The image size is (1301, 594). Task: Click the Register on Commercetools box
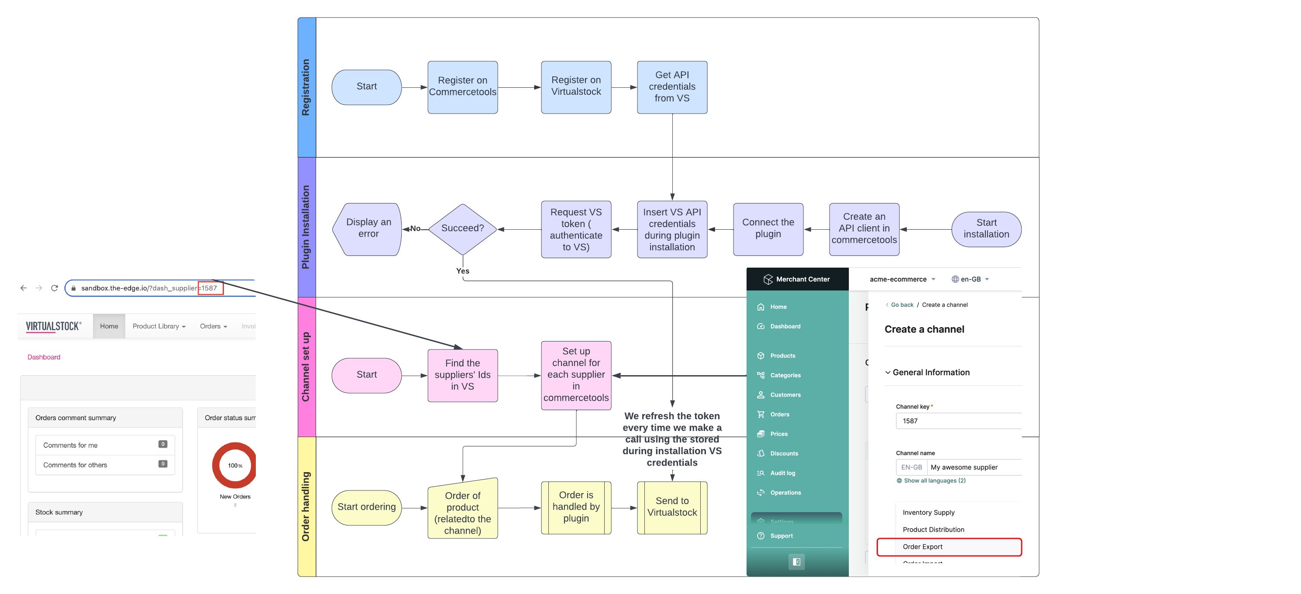tap(462, 87)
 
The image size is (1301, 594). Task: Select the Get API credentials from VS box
tap(672, 87)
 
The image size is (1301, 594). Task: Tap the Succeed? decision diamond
tap(462, 229)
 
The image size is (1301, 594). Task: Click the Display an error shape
tap(368, 229)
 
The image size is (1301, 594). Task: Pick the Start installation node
tap(986, 229)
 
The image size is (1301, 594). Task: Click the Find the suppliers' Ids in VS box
tap(462, 375)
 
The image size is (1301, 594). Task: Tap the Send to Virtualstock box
tap(672, 507)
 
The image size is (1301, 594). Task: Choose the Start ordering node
tap(367, 507)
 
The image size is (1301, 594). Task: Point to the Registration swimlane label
tap(306, 87)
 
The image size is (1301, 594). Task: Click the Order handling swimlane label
tap(306, 507)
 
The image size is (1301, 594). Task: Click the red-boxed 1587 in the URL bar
tap(210, 288)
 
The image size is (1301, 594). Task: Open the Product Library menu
tap(159, 326)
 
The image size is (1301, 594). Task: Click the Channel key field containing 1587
tap(958, 421)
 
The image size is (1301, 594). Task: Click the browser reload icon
tap(55, 288)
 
